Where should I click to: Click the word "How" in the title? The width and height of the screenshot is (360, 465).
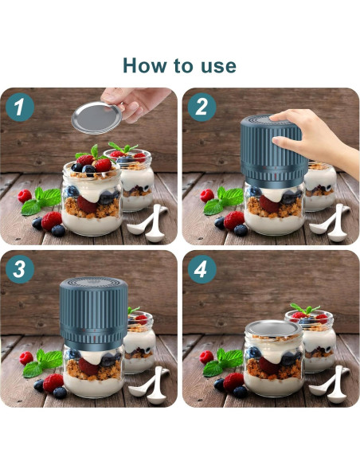pos(145,65)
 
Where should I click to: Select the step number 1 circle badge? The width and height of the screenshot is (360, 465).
pos(20,107)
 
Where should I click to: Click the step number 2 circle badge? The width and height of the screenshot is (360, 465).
pos(202,107)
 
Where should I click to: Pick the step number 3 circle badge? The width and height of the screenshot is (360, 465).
pos(20,269)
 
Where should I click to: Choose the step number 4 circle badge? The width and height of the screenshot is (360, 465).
pos(202,269)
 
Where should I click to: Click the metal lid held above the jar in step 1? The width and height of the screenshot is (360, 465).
pos(96,118)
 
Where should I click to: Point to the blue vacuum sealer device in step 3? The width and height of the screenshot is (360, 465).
pos(94,314)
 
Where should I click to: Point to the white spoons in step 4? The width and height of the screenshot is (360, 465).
pos(330,385)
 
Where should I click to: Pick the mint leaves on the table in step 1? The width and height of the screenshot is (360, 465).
pos(41,201)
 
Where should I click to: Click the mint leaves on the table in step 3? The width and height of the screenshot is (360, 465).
pos(43,363)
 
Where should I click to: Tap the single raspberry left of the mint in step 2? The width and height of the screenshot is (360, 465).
pos(207,196)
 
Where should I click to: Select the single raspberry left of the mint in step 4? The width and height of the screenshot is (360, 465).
pos(206,358)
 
